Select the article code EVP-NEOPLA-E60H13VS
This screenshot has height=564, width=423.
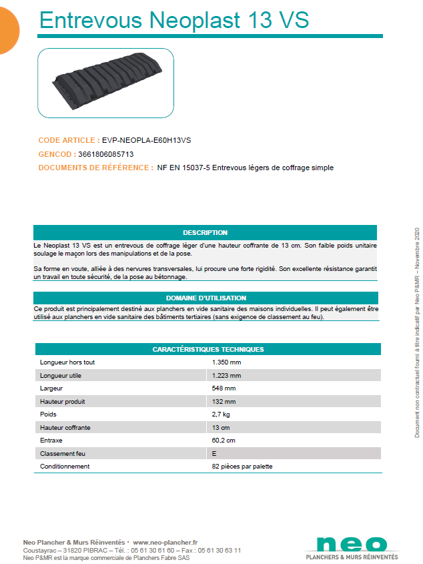pyautogui.click(x=146, y=141)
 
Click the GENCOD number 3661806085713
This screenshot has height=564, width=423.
pyautogui.click(x=110, y=154)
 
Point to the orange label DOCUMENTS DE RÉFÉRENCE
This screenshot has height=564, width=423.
pyautogui.click(x=95, y=168)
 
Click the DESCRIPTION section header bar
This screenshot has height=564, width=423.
pyautogui.click(x=205, y=233)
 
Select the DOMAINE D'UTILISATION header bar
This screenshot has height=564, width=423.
pyautogui.click(x=205, y=298)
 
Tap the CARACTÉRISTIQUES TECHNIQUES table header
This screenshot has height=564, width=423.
pyautogui.click(x=207, y=349)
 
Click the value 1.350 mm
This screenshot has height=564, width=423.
pyautogui.click(x=226, y=362)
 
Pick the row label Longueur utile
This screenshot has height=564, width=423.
pyautogui.click(x=61, y=375)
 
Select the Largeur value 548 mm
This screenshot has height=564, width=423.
pyautogui.click(x=224, y=388)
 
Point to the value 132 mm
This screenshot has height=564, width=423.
pyautogui.click(x=224, y=401)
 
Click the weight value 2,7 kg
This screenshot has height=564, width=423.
pyautogui.click(x=222, y=414)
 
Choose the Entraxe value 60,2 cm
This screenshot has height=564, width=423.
pyautogui.click(x=224, y=441)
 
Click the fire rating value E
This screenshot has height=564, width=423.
pyautogui.click(x=214, y=454)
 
